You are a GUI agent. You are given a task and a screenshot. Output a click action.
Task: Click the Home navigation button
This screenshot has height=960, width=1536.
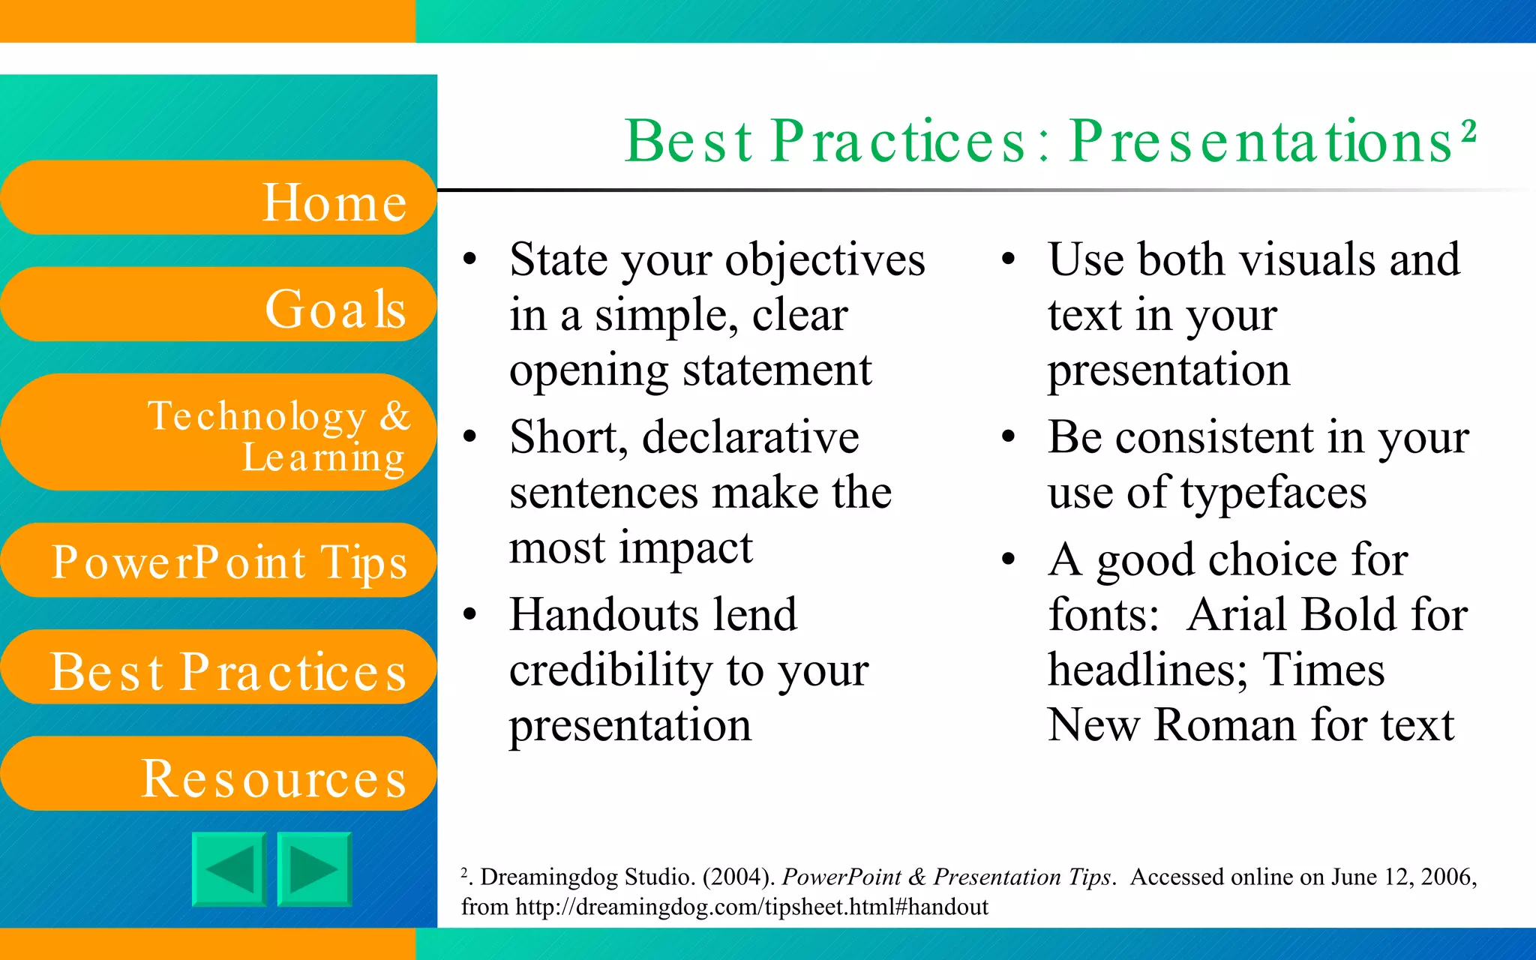point(217,198)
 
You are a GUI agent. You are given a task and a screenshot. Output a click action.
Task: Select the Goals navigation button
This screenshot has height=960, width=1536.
point(217,305)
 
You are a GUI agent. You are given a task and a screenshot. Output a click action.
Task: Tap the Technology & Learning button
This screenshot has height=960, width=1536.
point(217,433)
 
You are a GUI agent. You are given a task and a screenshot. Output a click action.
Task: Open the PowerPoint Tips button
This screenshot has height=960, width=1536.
point(217,560)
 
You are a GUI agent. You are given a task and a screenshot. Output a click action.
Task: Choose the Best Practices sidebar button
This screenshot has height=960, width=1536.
point(217,667)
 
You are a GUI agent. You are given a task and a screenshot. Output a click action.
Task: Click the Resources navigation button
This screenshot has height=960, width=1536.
point(217,774)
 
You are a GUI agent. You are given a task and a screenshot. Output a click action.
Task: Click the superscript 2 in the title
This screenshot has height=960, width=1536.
point(1468,130)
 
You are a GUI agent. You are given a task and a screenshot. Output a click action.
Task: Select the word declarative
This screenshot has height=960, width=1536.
point(750,437)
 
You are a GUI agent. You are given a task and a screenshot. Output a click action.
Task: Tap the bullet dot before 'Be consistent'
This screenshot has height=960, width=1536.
point(1009,436)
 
